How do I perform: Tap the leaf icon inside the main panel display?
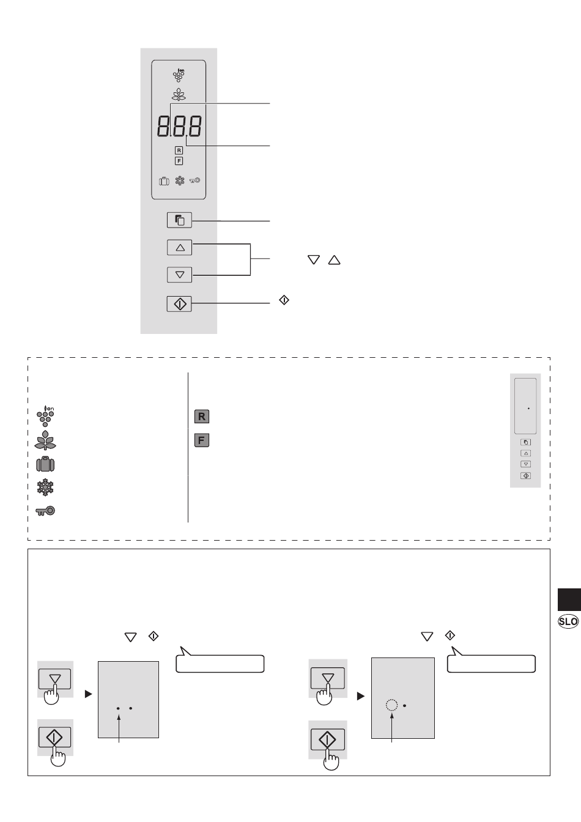pyautogui.click(x=179, y=95)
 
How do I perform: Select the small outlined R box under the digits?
pyautogui.click(x=179, y=150)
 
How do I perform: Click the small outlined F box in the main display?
pyautogui.click(x=179, y=161)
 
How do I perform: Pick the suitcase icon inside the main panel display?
pyautogui.click(x=163, y=181)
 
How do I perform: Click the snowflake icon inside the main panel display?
pyautogui.click(x=179, y=181)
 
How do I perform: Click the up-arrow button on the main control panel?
pyautogui.click(x=179, y=248)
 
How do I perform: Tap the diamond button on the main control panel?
pyautogui.click(x=179, y=303)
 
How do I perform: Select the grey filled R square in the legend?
pyautogui.click(x=202, y=417)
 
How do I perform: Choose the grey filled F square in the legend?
pyautogui.click(x=202, y=440)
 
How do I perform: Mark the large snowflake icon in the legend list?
pyautogui.click(x=46, y=487)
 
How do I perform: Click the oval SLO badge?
pyautogui.click(x=569, y=621)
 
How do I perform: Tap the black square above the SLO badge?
pyautogui.click(x=569, y=599)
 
